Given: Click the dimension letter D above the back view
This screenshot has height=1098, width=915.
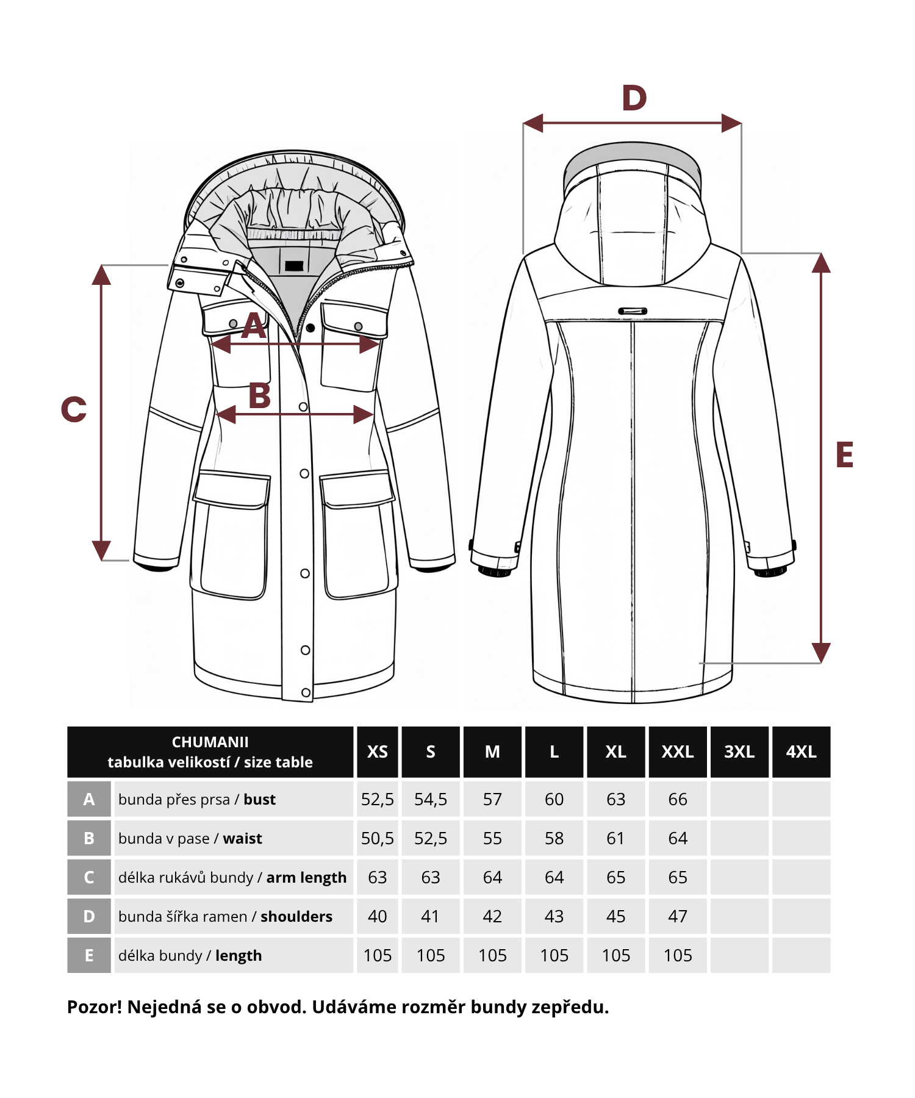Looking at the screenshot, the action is click(634, 98).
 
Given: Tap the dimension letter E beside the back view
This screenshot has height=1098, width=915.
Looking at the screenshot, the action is click(844, 454).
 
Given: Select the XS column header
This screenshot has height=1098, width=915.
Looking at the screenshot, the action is click(378, 752).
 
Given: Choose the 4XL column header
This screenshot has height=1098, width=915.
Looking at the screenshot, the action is click(801, 752).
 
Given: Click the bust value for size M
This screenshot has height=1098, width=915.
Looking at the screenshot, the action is click(492, 799).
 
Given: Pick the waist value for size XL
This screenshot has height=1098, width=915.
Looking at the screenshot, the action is click(615, 838).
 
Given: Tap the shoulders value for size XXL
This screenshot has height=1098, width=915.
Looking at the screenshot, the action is click(678, 916).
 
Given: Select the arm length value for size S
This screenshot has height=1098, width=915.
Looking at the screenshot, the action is click(431, 877).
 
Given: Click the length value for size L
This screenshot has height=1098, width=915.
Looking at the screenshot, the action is click(554, 955).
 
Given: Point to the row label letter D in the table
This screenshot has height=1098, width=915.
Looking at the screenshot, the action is click(89, 916).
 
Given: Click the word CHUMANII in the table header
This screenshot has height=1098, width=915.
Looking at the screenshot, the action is click(210, 742).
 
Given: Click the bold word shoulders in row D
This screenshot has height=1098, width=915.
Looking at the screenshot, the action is click(296, 916).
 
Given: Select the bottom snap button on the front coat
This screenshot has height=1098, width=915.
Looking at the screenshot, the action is click(306, 692).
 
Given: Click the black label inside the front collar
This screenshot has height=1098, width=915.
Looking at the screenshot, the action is click(294, 266).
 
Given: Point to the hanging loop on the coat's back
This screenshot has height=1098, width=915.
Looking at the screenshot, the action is click(633, 311).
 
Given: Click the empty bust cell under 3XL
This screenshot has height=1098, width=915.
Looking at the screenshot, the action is click(739, 799).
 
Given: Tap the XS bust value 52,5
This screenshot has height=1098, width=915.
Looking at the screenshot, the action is click(378, 799).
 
